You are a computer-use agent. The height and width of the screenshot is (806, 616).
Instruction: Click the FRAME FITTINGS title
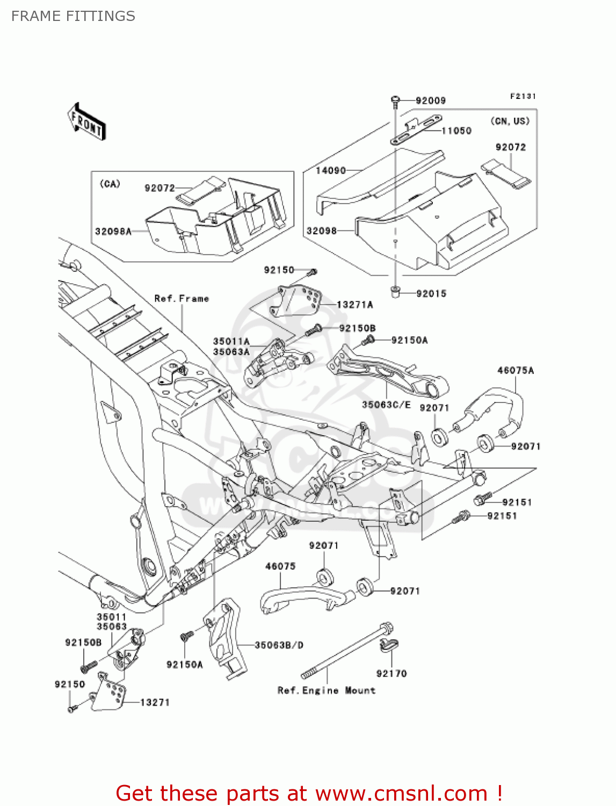coord(73,16)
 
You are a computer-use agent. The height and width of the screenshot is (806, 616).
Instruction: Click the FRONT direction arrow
coord(86,122)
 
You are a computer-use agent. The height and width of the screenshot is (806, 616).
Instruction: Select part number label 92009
coord(430,100)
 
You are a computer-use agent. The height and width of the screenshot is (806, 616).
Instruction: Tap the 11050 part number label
coord(456,131)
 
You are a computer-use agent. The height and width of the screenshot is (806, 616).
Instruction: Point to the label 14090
coord(330,170)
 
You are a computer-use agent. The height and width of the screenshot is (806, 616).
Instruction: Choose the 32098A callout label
coord(113,232)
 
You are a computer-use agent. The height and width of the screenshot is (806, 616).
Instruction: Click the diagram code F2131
coord(523,96)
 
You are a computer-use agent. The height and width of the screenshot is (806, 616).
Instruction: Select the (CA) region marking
coord(110,184)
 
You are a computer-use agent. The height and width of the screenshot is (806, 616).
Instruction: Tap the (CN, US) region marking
coord(510,121)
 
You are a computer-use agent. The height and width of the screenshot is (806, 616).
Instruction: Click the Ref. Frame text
coord(182,298)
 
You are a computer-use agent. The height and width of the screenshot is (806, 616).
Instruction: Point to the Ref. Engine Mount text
coord(326,690)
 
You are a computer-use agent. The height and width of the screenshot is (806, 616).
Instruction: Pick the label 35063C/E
coord(386,405)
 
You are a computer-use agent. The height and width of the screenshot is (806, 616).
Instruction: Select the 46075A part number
coord(516,370)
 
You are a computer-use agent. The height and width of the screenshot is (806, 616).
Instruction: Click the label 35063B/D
coord(279,645)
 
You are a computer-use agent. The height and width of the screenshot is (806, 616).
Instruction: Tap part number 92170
coord(392,673)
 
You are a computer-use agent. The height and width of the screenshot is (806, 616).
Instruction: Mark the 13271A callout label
coord(354,305)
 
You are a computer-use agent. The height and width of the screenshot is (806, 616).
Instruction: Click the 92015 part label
coord(431,293)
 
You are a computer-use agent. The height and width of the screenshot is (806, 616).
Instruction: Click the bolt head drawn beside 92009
coord(395,99)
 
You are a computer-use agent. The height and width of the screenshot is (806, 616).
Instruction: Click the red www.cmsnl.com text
coord(401,793)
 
